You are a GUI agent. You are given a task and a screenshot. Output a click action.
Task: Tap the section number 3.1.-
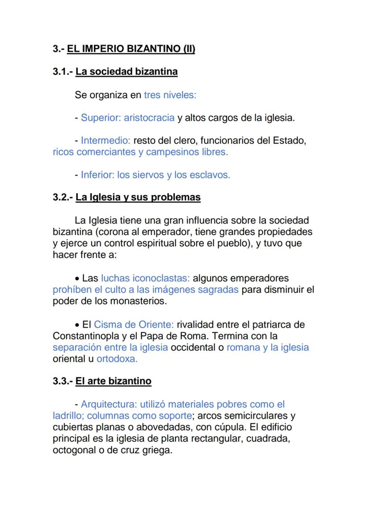point(62,71)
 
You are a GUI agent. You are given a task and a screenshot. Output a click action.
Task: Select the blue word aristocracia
point(149,118)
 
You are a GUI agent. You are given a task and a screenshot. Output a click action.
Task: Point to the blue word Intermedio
point(105,141)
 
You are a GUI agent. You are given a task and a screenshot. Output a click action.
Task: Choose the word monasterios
point(138,302)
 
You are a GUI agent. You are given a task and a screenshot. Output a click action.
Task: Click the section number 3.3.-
point(62,381)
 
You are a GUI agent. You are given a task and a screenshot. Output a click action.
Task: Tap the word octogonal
point(74,451)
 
